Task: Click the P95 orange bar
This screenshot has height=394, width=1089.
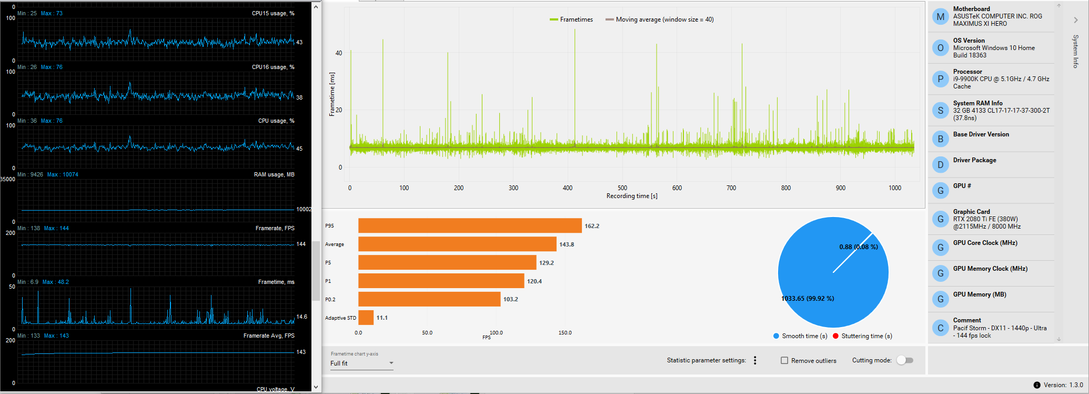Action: pyautogui.click(x=470, y=225)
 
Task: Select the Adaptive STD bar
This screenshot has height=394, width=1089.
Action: pyautogui.click(x=366, y=318)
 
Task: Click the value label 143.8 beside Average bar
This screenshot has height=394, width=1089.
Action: pyautogui.click(x=567, y=244)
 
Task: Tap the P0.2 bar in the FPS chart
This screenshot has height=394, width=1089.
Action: pyautogui.click(x=429, y=299)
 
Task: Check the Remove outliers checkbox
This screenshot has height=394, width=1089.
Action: pyautogui.click(x=784, y=360)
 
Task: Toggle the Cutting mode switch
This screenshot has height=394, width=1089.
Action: pyautogui.click(x=905, y=360)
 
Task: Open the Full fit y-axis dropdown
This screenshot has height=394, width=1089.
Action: pyautogui.click(x=361, y=363)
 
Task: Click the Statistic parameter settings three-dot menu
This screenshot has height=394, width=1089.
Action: pyautogui.click(x=755, y=360)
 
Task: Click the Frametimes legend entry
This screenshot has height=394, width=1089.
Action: pyautogui.click(x=571, y=19)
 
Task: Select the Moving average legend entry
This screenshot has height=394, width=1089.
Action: pyautogui.click(x=660, y=19)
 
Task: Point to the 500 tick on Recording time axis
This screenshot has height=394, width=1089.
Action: pyautogui.click(x=622, y=188)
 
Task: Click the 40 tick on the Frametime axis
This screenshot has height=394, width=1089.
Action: pyautogui.click(x=339, y=53)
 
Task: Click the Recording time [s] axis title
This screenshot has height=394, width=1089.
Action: pyautogui.click(x=632, y=196)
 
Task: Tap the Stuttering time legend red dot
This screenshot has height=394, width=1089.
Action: pyautogui.click(x=835, y=336)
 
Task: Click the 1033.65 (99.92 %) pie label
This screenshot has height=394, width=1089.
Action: pyautogui.click(x=808, y=299)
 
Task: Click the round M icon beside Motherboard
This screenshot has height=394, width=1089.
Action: pyautogui.click(x=940, y=17)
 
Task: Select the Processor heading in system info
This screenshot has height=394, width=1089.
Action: pyautogui.click(x=967, y=72)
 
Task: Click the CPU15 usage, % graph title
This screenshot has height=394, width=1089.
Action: pyautogui.click(x=273, y=14)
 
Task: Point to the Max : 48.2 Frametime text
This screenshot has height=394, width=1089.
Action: pyautogui.click(x=56, y=282)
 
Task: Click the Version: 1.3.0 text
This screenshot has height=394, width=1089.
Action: pyautogui.click(x=1063, y=385)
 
